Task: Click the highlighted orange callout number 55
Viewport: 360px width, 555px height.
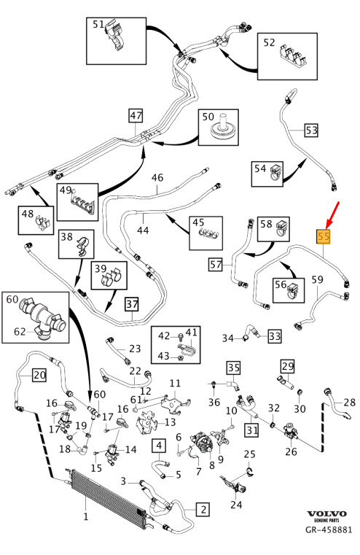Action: point(324,237)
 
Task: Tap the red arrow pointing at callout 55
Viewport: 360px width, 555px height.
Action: point(332,215)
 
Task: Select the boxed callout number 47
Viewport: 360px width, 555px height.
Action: point(136,116)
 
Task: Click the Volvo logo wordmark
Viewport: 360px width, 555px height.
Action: point(326,514)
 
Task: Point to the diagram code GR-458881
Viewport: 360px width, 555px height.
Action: point(329,529)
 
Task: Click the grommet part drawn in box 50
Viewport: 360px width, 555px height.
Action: point(223,128)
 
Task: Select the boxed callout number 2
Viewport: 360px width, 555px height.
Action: point(203,509)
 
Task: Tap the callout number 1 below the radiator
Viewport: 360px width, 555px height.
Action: point(85,516)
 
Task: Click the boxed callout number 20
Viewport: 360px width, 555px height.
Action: point(39,375)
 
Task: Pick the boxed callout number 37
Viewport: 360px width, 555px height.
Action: point(132,304)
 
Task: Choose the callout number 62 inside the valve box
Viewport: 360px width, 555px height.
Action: point(20,332)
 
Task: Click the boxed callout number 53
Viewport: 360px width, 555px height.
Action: point(312,131)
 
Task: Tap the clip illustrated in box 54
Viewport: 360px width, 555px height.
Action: point(275,172)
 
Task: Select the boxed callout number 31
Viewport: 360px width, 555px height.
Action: point(251,430)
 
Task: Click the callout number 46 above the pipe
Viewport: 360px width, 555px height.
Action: point(157,177)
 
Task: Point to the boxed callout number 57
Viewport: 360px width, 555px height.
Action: point(216,265)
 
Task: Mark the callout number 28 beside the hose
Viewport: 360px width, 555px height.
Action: point(350,402)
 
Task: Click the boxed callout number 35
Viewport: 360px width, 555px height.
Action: point(233,368)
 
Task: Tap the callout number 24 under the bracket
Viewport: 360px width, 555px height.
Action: point(236,504)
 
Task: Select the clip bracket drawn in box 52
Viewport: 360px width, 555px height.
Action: point(293,57)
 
